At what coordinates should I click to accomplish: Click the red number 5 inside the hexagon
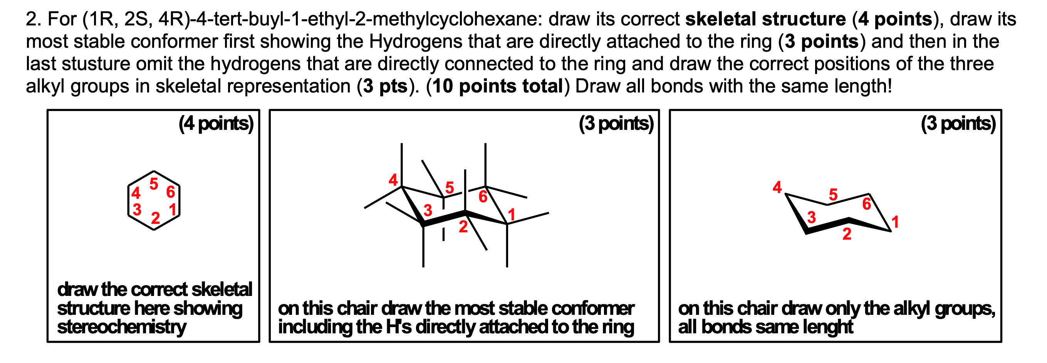click(153, 184)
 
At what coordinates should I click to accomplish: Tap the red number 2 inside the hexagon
click(155, 218)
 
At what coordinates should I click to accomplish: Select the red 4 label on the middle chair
click(393, 180)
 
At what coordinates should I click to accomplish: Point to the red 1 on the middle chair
click(511, 214)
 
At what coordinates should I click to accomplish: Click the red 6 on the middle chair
click(482, 197)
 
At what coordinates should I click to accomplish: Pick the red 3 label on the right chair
click(811, 217)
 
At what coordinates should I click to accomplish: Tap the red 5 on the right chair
click(833, 195)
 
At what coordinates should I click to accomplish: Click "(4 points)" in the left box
click(216, 124)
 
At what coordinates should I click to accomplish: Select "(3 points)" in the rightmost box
click(958, 124)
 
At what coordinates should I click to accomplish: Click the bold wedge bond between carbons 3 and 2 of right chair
click(827, 226)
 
